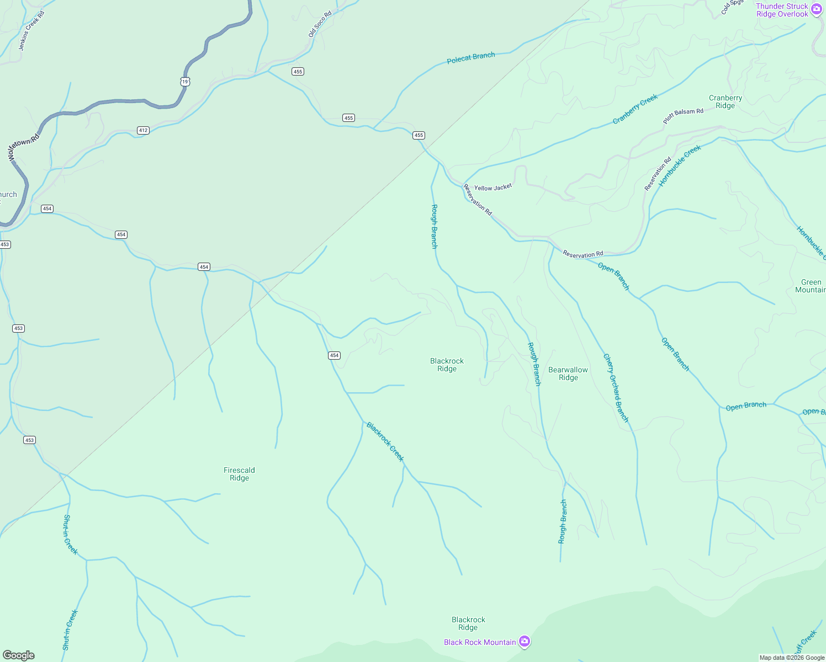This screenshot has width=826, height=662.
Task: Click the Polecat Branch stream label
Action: [471, 58]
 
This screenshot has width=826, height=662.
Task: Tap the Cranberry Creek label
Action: [636, 109]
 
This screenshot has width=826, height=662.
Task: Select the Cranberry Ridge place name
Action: [726, 102]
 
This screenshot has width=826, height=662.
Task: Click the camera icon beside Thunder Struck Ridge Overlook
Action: [817, 9]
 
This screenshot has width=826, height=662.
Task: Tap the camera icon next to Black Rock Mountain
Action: [525, 641]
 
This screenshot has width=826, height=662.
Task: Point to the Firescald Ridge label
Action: [239, 474]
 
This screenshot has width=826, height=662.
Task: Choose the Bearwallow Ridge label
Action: [568, 373]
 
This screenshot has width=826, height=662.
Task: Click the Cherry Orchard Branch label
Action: [616, 388]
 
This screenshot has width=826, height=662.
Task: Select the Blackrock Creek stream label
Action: [385, 441]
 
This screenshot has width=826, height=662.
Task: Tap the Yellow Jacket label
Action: [493, 188]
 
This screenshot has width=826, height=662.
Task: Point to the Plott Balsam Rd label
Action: [684, 115]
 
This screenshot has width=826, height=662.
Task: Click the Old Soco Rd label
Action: [320, 24]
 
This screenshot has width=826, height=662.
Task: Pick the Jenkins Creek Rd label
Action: [31, 30]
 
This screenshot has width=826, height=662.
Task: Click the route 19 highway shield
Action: [185, 82]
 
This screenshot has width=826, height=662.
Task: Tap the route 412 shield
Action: [144, 130]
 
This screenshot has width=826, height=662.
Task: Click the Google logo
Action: [19, 655]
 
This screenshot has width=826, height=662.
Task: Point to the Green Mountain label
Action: [811, 286]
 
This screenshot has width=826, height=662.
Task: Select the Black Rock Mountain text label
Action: [480, 642]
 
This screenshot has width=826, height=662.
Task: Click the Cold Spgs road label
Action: [733, 7]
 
